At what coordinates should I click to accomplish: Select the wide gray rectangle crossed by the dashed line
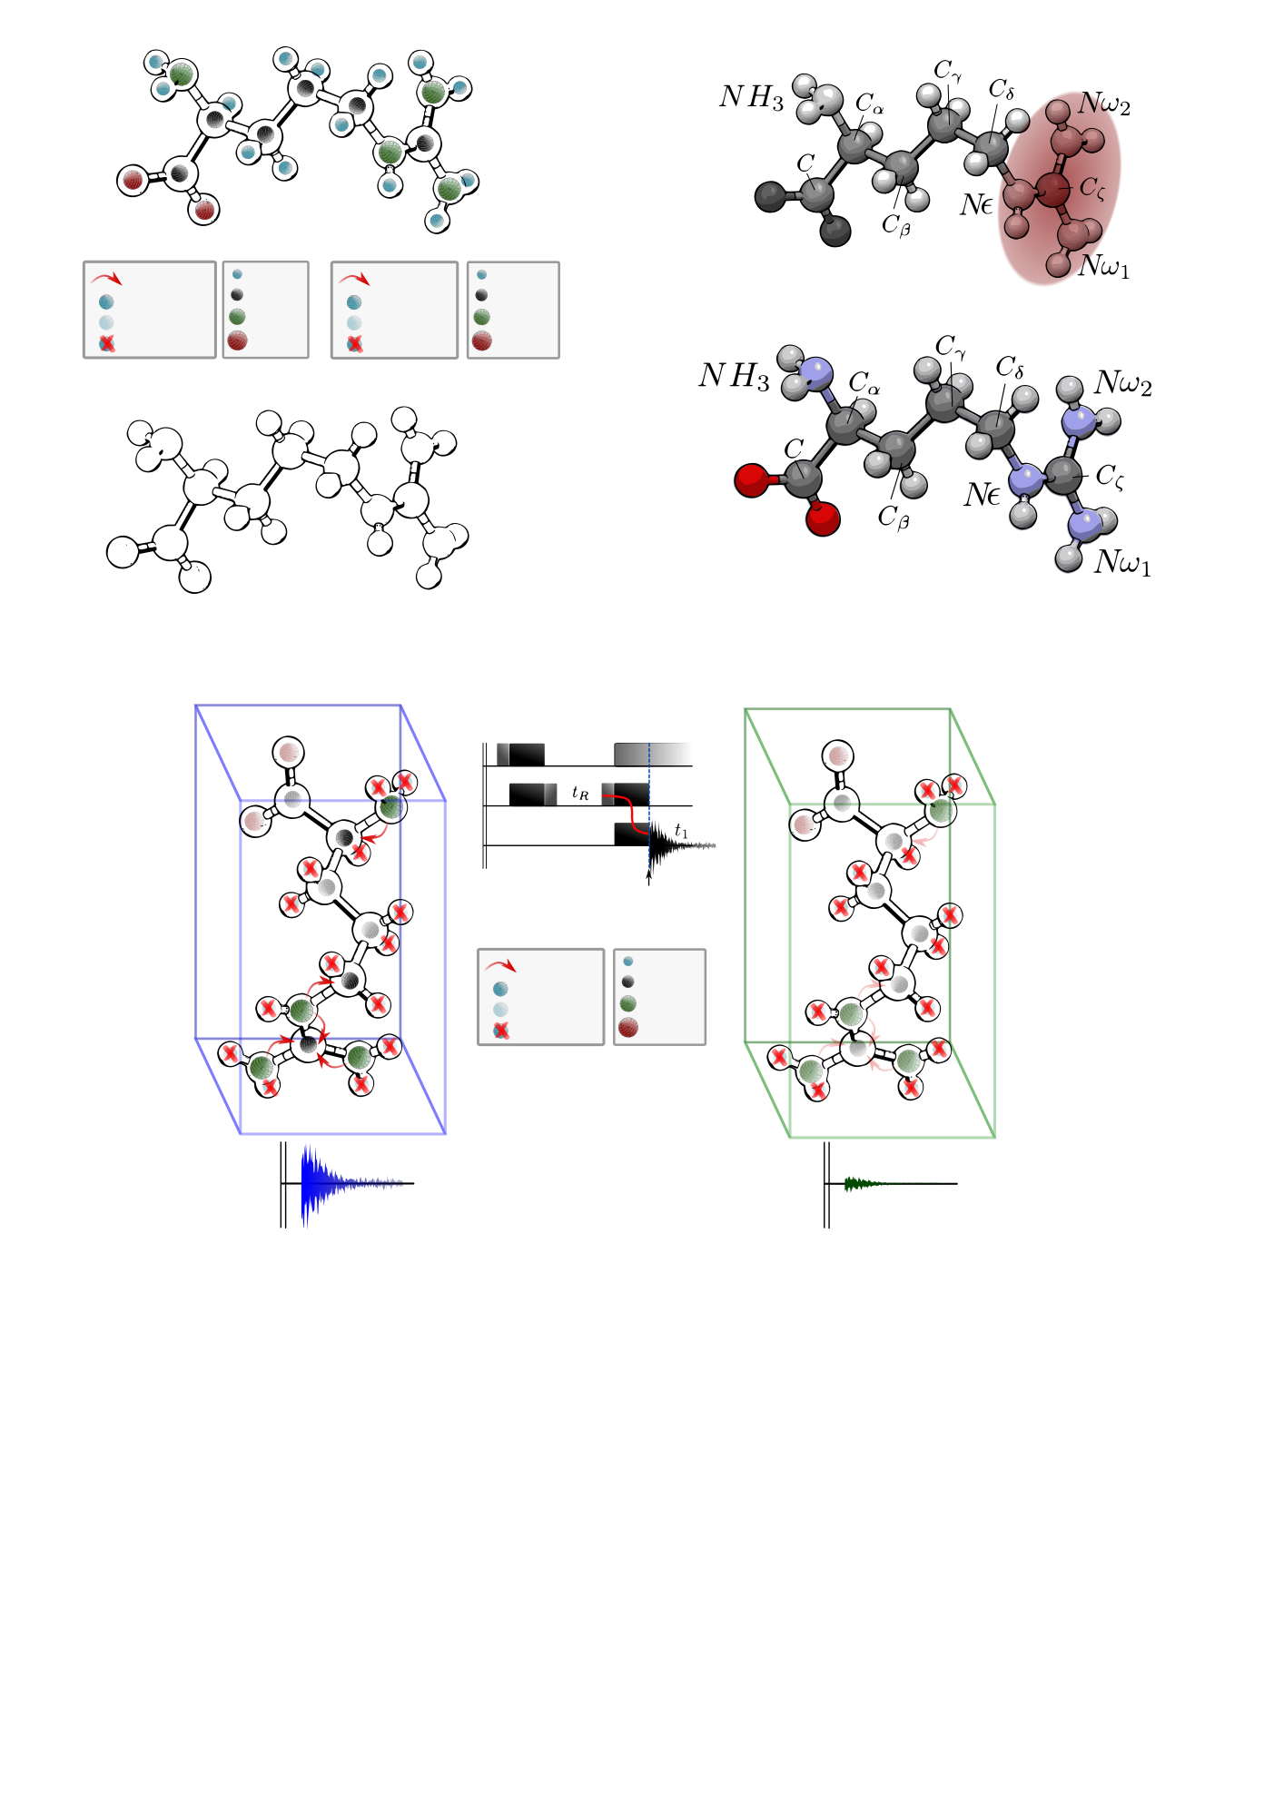pos(653,755)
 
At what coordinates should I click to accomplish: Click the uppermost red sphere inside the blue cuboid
pos(289,753)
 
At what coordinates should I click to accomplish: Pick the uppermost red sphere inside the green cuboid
pos(838,756)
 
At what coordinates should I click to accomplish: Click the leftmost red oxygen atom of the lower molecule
pos(751,480)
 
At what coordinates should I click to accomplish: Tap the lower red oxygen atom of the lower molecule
pos(823,519)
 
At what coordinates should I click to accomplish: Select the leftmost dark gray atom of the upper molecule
pos(770,196)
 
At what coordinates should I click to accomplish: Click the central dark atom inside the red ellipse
pos(1052,190)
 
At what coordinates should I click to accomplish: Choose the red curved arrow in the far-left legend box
pos(106,278)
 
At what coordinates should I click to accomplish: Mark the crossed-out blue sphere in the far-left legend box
pos(107,343)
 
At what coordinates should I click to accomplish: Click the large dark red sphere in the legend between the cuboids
pos(627,1027)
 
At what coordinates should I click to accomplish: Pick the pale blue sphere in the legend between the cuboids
pos(500,1010)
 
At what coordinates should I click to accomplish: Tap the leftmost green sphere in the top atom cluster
pos(182,74)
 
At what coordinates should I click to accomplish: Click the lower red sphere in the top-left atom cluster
pos(205,211)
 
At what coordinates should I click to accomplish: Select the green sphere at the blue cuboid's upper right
pos(390,807)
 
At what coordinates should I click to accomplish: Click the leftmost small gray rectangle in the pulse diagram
pos(503,754)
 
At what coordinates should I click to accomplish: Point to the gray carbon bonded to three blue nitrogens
pos(1062,476)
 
